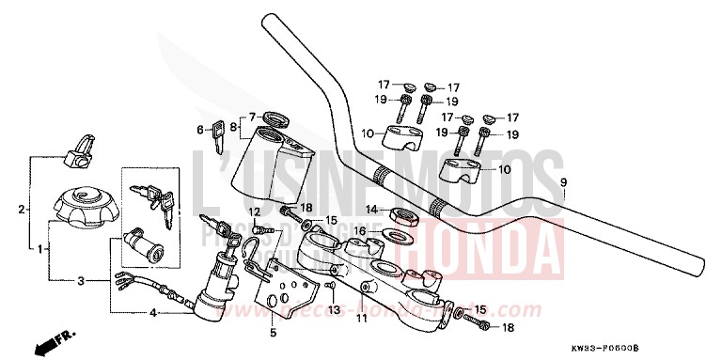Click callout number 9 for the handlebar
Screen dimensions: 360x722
pyautogui.click(x=563, y=181)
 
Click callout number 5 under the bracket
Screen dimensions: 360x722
pyautogui.click(x=272, y=331)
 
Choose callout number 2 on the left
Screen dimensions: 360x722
pyautogui.click(x=22, y=211)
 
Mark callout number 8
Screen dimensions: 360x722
pyautogui.click(x=233, y=123)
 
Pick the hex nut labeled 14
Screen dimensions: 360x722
pyautogui.click(x=400, y=213)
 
